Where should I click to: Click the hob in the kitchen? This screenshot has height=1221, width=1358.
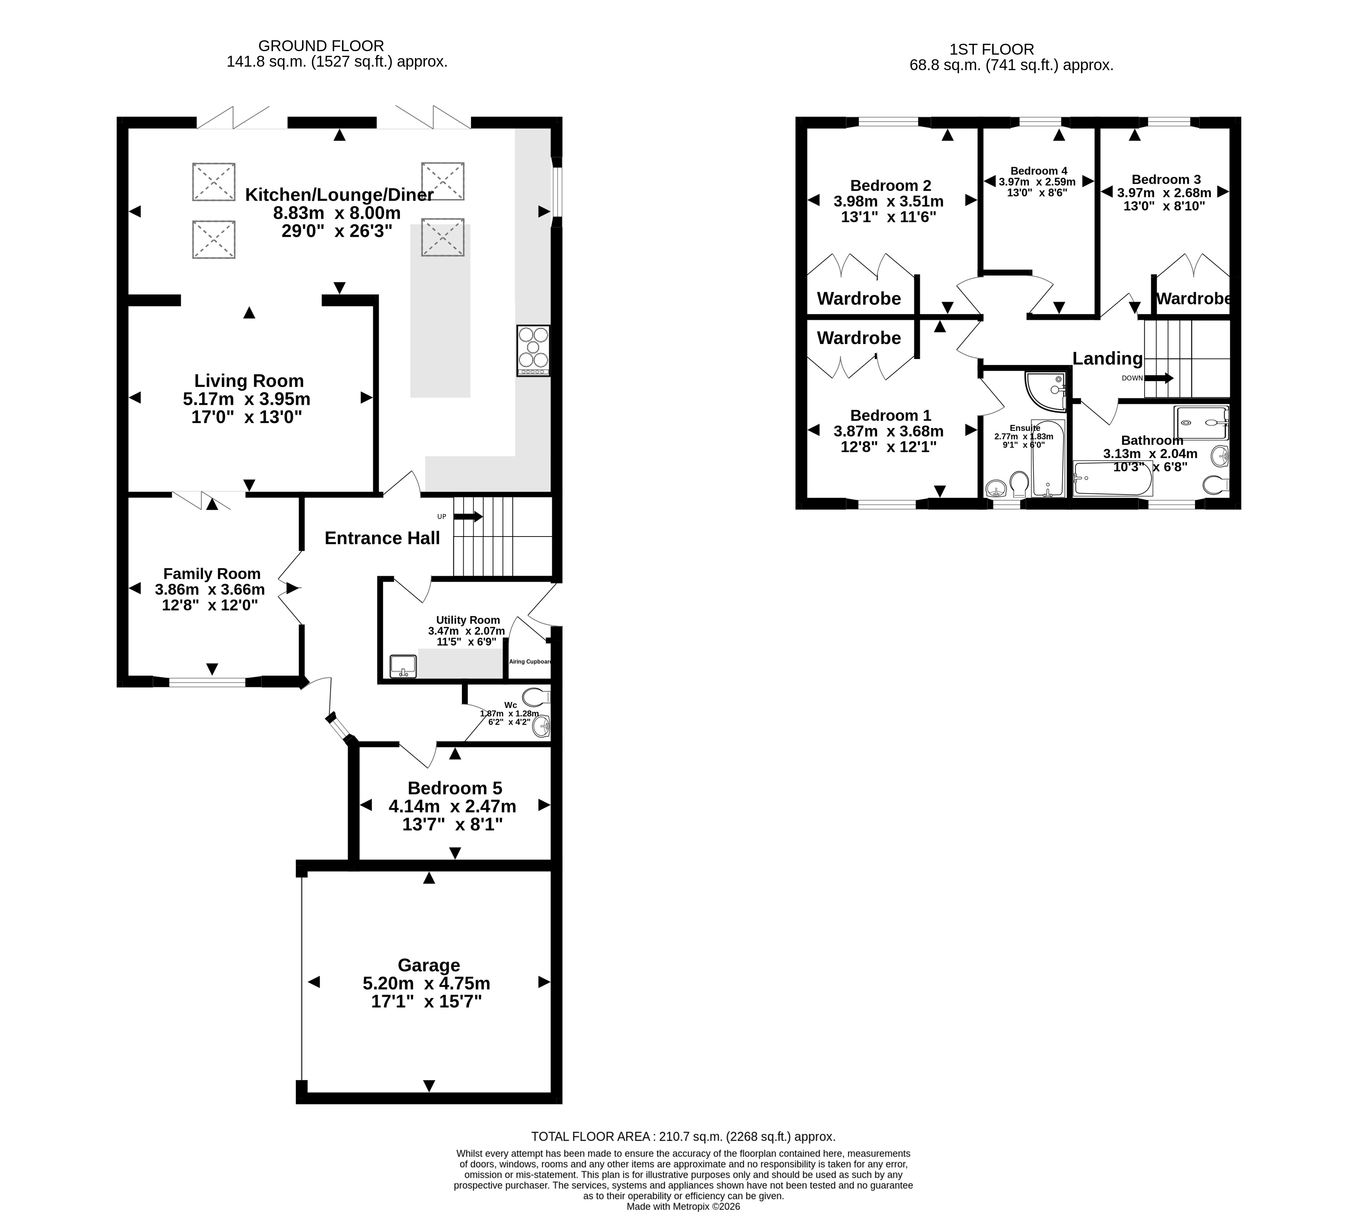533,350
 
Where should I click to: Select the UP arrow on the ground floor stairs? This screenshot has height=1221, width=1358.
468,517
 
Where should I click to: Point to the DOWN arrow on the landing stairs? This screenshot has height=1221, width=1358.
1158,378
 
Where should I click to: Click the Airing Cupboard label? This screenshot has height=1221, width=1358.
530,662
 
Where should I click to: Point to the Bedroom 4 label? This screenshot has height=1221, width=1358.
1039,171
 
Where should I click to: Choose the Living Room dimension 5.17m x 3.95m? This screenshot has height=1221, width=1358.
247,399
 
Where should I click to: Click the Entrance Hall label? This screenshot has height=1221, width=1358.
382,538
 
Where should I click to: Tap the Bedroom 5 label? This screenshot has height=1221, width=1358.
455,788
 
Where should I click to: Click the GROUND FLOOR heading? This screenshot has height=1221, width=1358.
321,46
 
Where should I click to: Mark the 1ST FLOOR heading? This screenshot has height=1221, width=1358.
992,49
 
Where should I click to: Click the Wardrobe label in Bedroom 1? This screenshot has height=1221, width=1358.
859,338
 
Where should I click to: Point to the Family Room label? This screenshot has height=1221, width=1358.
212,574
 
